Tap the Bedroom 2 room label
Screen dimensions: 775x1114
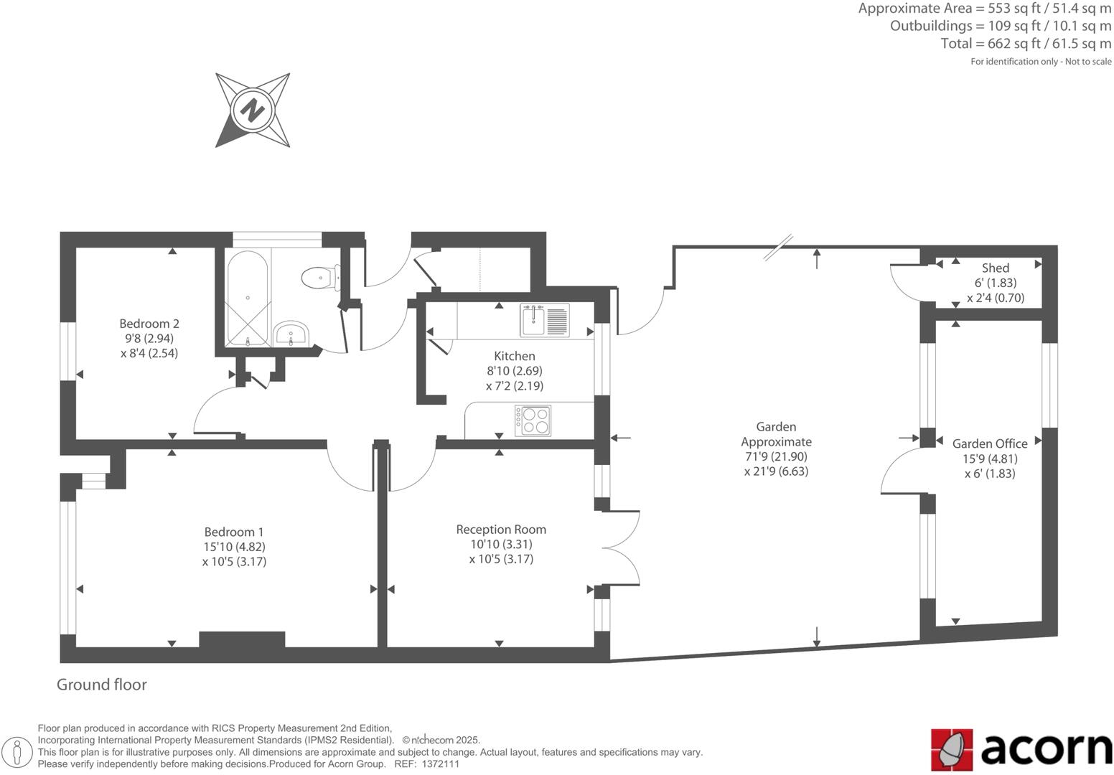pos(149,324)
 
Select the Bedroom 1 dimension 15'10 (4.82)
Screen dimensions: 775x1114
pos(234,547)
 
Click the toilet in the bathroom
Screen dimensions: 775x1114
pos(319,277)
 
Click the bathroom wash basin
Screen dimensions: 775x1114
pos(291,333)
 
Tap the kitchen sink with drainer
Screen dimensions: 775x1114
pos(546,320)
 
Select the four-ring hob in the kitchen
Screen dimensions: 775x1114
pos(533,421)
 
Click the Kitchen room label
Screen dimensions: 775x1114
pos(515,356)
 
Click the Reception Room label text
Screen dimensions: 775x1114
pos(501,530)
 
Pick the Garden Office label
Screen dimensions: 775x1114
pos(990,443)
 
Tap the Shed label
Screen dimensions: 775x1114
pos(996,268)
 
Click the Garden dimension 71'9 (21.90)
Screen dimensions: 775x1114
pos(776,456)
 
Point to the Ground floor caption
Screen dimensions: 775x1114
pos(102,685)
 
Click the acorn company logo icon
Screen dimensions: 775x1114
pos(952,749)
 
